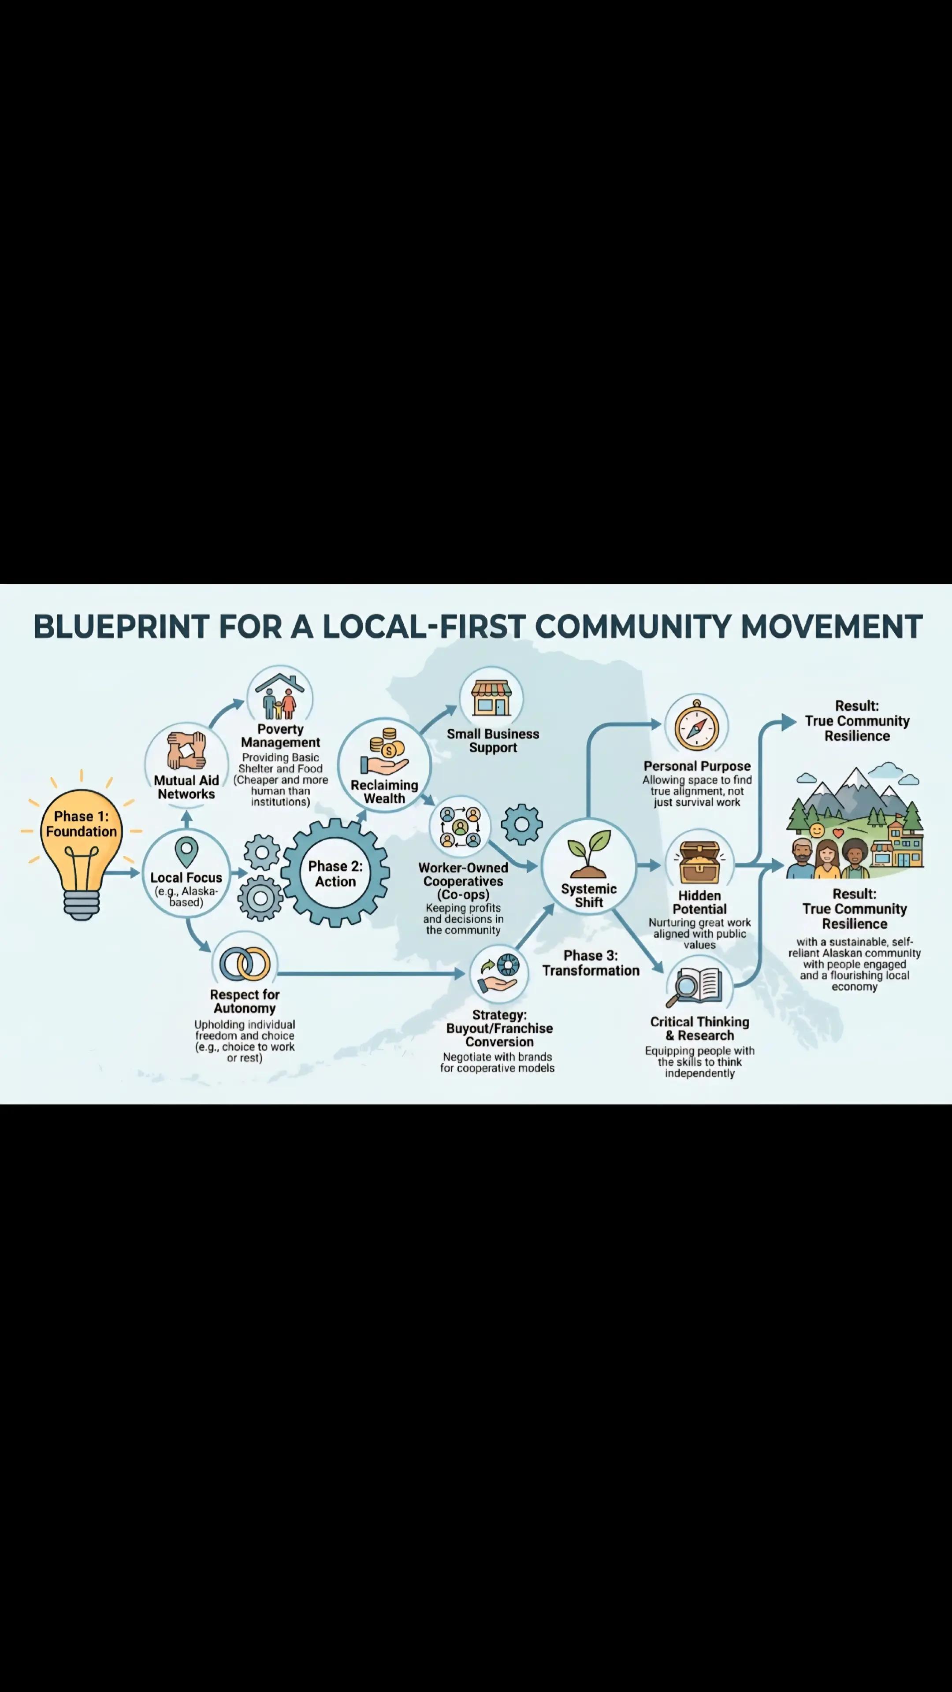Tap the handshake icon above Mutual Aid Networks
pos(186,750)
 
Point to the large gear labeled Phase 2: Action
pos(335,874)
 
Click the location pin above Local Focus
pos(186,852)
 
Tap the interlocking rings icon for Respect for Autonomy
pos(245,964)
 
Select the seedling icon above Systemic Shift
pos(589,854)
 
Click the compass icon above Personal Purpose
pos(696,726)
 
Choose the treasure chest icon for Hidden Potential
pos(699,862)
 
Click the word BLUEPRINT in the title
pos(121,627)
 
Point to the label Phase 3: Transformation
pos(591,963)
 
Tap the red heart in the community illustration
pos(838,833)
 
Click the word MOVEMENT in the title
pos(832,627)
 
